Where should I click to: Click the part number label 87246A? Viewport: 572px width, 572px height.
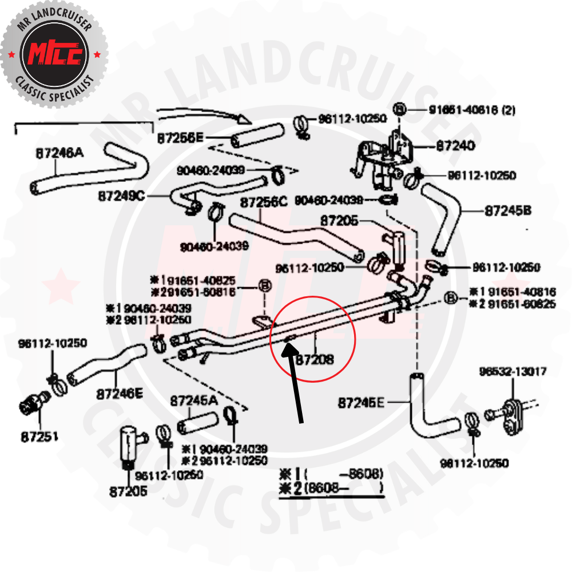59,153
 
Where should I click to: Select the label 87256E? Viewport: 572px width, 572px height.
180,138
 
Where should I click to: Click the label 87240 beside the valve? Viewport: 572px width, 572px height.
455,146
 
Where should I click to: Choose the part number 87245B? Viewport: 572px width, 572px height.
508,210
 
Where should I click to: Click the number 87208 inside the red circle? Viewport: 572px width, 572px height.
314,359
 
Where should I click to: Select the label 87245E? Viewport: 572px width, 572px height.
361,403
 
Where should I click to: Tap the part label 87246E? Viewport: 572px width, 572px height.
120,394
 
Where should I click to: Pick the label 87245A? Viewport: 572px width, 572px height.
194,402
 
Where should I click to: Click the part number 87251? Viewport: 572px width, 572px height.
39,436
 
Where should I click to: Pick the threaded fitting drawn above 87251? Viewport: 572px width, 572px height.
32,404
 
